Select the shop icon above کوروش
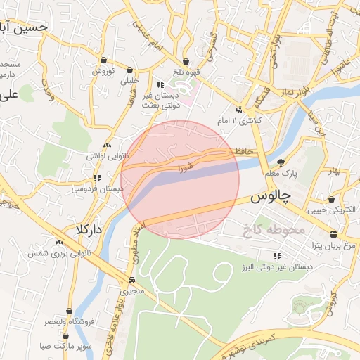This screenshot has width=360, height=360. tap(104, 60)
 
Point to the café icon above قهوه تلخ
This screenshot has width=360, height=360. tap(186, 61)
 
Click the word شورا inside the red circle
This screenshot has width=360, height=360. tap(185, 168)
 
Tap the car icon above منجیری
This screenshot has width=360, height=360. tap(132, 280)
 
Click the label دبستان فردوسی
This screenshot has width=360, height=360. tap(94, 188)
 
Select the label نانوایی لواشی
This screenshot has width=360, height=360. tap(105, 155)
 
